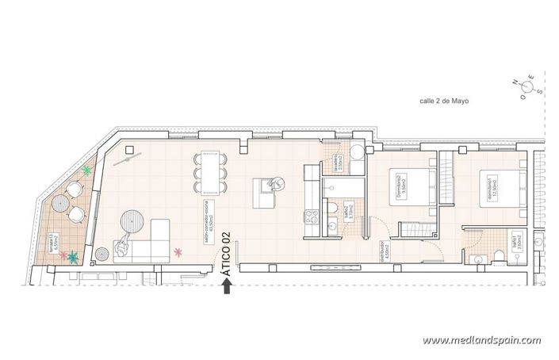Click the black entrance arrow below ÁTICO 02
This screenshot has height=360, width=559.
coord(228,286)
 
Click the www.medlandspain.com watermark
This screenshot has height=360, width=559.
coord(481,340)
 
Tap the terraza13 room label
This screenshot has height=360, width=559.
coord(54,242)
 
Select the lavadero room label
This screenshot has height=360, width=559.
coord(339,163)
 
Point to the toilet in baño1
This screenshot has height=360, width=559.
coord(500,254)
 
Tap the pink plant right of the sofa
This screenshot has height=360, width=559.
coord(178,253)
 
